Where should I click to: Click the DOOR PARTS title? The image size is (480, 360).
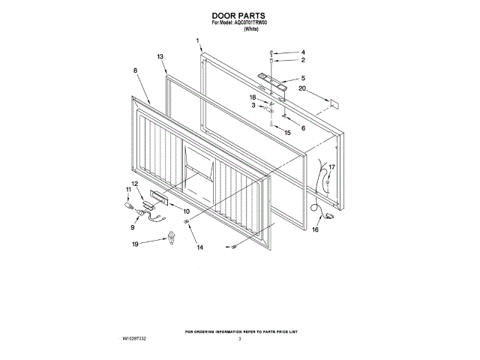point(239,14)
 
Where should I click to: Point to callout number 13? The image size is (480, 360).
point(160,57)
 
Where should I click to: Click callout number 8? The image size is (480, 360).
point(135,70)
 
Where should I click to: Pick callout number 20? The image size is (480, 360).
point(302,88)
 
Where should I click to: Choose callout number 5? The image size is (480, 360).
point(303,78)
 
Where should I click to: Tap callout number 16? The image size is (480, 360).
point(315,229)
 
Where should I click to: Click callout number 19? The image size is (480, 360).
point(136,244)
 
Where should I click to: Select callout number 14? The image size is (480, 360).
point(199,247)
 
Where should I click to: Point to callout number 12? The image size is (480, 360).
point(135,184)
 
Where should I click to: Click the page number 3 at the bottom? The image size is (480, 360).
point(239,339)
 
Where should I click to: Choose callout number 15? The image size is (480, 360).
point(288,133)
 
